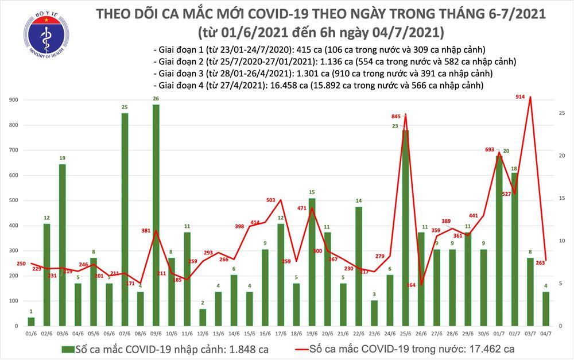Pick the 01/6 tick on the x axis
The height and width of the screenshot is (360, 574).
tap(31, 332)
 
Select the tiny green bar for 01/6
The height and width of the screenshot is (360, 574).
tap(31, 322)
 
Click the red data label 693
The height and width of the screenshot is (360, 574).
tap(490, 149)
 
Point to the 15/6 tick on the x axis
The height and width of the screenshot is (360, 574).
tap(249, 332)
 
